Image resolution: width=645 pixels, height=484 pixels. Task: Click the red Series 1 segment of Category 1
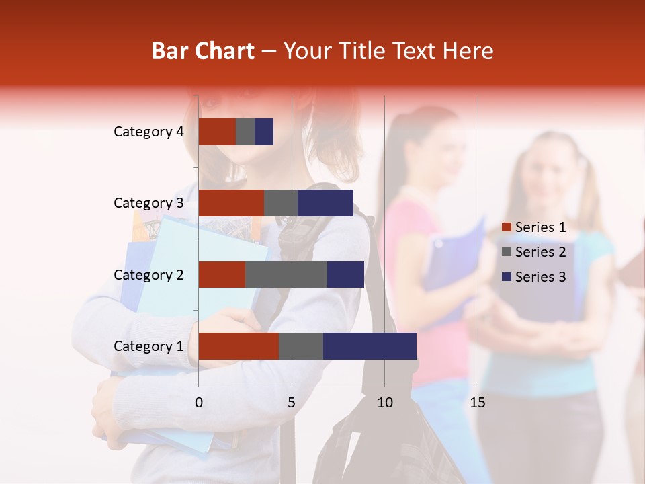coord(239,346)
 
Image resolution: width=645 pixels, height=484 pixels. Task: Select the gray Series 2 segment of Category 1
coord(301,346)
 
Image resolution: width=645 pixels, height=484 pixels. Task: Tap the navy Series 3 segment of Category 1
coord(370,346)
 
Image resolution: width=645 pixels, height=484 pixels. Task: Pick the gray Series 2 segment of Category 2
coord(286,274)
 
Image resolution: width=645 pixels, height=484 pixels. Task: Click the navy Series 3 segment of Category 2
coord(345,274)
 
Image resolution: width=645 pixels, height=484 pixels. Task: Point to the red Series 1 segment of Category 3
coord(231,203)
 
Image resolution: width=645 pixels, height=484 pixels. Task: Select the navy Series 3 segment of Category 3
coord(325,203)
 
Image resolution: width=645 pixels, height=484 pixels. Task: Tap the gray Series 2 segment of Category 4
coord(245,132)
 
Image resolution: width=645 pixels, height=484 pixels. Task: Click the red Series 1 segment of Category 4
coord(217,132)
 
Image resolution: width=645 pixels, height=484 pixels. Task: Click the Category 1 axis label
coord(148,346)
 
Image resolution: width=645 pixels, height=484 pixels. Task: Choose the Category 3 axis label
coord(148,203)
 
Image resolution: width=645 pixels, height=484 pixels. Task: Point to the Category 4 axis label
coord(148,132)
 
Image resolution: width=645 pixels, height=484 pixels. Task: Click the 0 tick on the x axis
coord(199,403)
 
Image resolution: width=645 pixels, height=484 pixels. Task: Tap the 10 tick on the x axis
coord(384,403)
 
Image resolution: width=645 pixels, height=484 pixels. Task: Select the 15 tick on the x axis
coord(478,403)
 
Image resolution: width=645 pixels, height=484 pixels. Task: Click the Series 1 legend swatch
coord(507,227)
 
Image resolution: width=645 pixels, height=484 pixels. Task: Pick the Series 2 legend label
coord(540,252)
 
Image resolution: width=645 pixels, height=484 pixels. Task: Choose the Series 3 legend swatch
coord(507,277)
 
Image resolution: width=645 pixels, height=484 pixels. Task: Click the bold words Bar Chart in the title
coord(203,51)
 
